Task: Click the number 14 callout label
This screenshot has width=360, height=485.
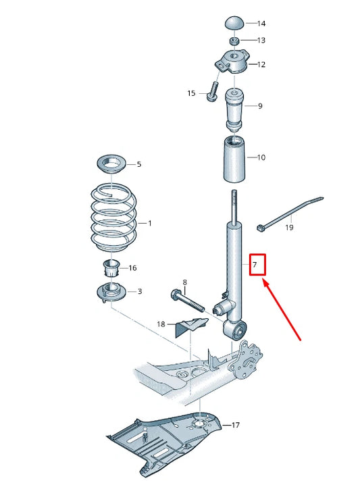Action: pyautogui.click(x=261, y=24)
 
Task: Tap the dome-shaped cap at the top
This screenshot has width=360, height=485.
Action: pyautogui.click(x=234, y=22)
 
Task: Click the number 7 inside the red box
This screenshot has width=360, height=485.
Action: pyautogui.click(x=255, y=264)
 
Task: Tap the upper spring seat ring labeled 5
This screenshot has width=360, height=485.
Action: pyautogui.click(x=111, y=163)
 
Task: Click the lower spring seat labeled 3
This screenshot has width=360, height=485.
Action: pyautogui.click(x=111, y=293)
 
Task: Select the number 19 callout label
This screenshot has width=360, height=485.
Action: pyautogui.click(x=288, y=228)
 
